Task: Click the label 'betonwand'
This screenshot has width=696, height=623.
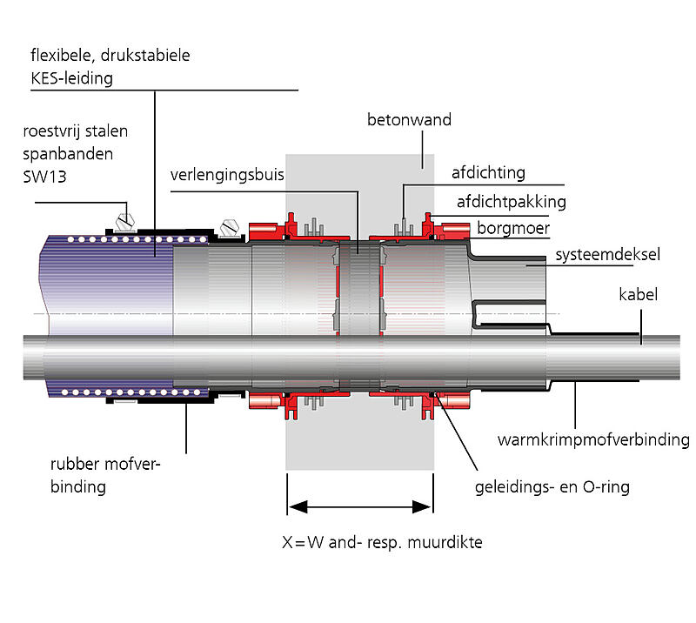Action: point(409,120)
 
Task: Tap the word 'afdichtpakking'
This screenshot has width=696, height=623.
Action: point(512,202)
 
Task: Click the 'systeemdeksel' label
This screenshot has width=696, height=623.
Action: point(606,256)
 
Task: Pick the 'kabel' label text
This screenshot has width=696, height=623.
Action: point(639,295)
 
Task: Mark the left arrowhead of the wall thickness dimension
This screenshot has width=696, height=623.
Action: point(292,505)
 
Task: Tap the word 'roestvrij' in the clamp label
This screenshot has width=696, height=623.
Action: point(52,132)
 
